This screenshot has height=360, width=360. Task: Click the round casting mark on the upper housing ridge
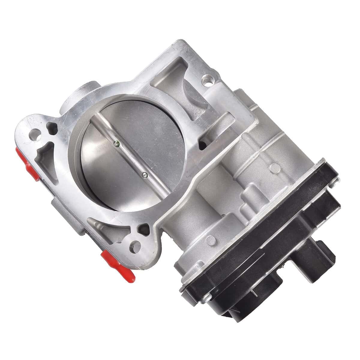click(x=273, y=166)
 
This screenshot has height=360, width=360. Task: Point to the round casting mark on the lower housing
click(x=212, y=239)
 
